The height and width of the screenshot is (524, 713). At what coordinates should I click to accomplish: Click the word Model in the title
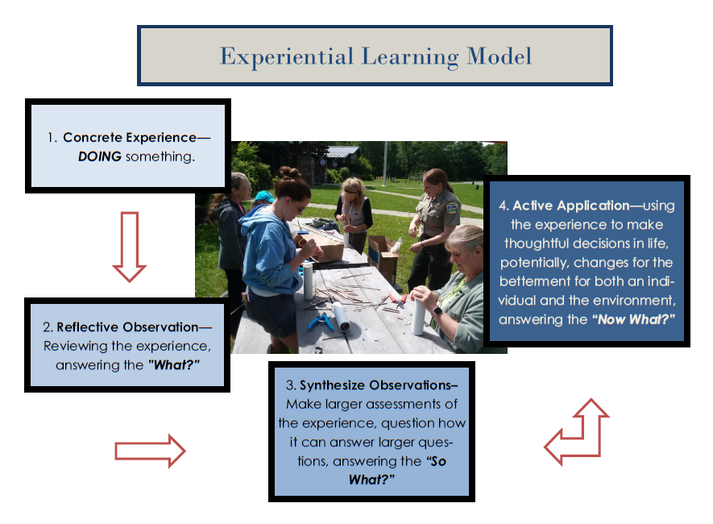[x=499, y=56]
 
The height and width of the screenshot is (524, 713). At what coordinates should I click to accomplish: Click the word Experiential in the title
[x=287, y=57]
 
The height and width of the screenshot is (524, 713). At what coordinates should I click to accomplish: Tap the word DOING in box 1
[x=100, y=156]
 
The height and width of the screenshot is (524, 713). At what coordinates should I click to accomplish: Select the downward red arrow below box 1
[x=130, y=247]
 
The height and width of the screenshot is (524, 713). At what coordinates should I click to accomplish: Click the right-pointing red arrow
[x=150, y=451]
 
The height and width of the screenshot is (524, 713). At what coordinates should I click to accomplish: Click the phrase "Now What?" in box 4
[x=633, y=319]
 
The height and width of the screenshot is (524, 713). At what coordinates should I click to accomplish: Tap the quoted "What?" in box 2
[x=174, y=365]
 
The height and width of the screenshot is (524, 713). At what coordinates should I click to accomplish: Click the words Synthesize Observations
[x=379, y=385]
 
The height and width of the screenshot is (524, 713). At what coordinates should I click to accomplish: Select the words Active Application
[x=570, y=206]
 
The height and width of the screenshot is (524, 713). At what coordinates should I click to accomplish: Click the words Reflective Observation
[x=127, y=327]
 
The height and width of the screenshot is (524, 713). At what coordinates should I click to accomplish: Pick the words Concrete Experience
[x=130, y=137]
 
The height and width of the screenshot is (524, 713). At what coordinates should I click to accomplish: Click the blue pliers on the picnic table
[x=321, y=321]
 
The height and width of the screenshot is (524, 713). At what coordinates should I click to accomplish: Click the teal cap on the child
[x=264, y=197]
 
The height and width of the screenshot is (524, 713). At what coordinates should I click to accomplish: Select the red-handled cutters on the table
[x=397, y=301]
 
